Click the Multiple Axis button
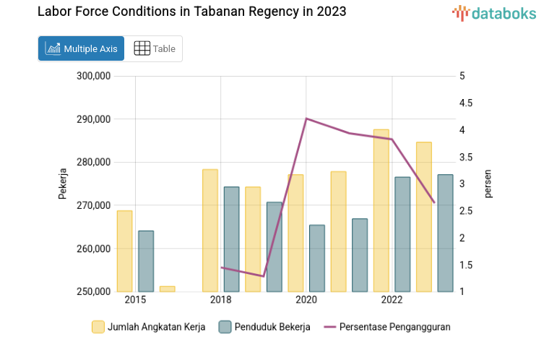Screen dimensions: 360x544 81,48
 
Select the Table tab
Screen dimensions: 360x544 155,48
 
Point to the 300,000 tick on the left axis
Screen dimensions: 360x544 92,76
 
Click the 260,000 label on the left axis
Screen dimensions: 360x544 92,249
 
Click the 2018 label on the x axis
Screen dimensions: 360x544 220,300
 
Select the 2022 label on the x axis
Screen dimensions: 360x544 392,300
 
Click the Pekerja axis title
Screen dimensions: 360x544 63,184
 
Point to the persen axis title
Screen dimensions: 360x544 488,184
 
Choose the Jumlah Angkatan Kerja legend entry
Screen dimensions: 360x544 149,327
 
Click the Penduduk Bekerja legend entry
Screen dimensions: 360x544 264,327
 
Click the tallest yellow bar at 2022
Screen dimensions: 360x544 381,210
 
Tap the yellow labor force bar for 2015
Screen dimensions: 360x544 124,251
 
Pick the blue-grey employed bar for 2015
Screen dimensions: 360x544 146,261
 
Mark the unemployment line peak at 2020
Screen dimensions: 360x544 306,118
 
